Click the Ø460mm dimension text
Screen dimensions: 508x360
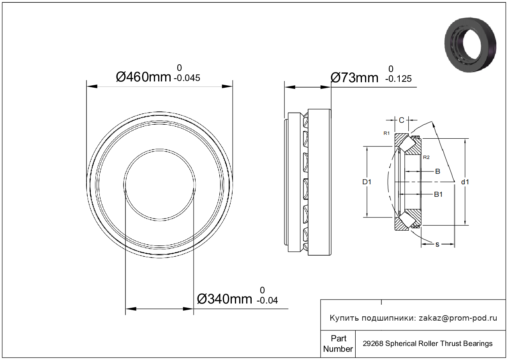pos(143,77)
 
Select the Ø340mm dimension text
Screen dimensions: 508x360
pos(224,299)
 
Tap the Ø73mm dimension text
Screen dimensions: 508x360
pos(355,78)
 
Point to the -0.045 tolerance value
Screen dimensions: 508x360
pos(187,78)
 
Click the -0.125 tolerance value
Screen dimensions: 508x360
pos(399,79)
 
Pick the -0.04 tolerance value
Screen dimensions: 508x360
pos(267,300)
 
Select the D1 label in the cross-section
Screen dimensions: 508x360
pos(367,182)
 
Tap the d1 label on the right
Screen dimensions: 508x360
pos(465,182)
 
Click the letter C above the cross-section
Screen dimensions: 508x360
pos(401,120)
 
